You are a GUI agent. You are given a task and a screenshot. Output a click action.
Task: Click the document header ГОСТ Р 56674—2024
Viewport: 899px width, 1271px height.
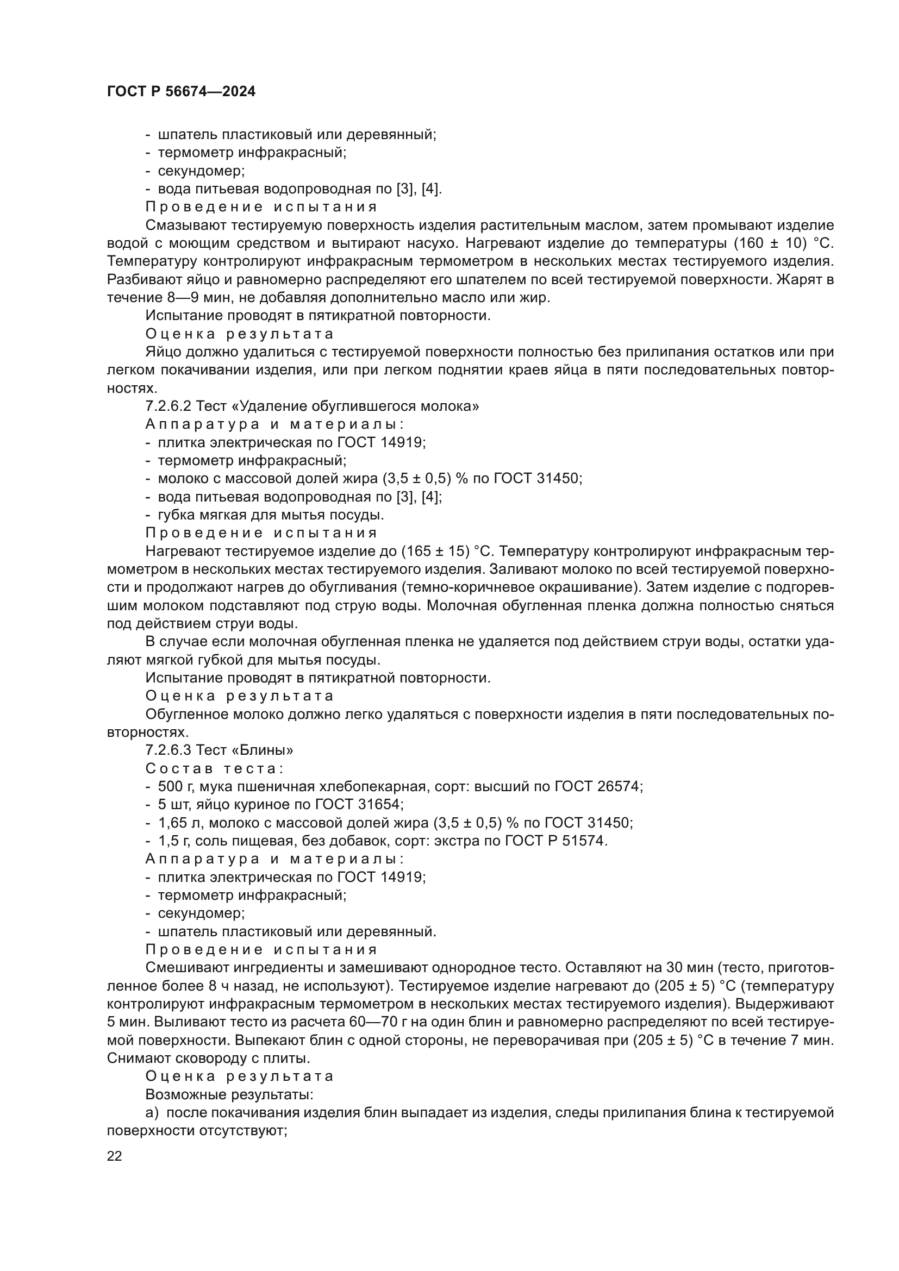(x=181, y=91)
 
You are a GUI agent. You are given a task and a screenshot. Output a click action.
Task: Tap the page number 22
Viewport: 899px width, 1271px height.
(x=114, y=1156)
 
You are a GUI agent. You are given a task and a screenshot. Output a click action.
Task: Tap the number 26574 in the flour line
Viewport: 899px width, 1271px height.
(x=619, y=787)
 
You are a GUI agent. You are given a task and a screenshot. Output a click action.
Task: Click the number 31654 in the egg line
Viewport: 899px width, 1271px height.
(x=379, y=804)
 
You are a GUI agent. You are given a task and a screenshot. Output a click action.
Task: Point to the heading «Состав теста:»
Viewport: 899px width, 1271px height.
(x=215, y=768)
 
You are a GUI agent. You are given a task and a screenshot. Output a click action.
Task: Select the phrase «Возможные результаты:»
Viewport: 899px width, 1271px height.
(x=229, y=1094)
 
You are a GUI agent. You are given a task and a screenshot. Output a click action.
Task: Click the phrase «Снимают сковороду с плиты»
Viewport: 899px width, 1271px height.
(x=207, y=1058)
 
